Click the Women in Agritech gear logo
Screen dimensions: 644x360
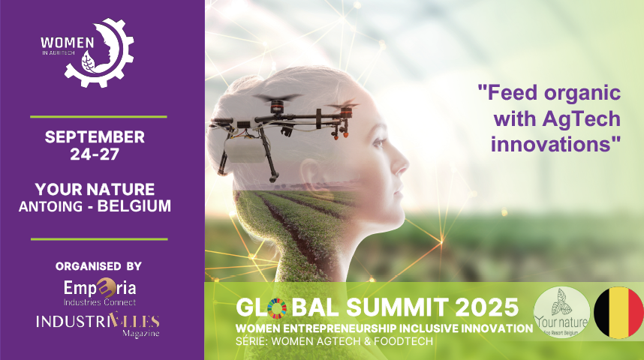click(x=87, y=52)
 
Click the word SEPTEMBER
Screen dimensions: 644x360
click(x=95, y=136)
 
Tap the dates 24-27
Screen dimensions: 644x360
click(x=95, y=154)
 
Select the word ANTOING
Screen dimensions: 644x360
click(x=50, y=206)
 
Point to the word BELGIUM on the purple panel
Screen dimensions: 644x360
click(x=134, y=206)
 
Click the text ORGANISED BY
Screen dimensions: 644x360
click(x=98, y=266)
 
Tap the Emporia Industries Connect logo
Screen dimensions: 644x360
click(x=100, y=292)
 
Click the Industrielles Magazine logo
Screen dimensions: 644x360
click(x=98, y=324)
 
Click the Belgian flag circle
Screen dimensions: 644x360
click(x=618, y=313)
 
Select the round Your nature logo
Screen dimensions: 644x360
click(x=561, y=313)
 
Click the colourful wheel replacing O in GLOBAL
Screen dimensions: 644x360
click(x=277, y=308)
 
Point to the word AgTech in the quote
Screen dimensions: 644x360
click(x=581, y=118)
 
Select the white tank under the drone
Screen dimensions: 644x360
click(x=245, y=150)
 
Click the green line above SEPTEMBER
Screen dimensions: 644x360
click(x=98, y=117)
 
